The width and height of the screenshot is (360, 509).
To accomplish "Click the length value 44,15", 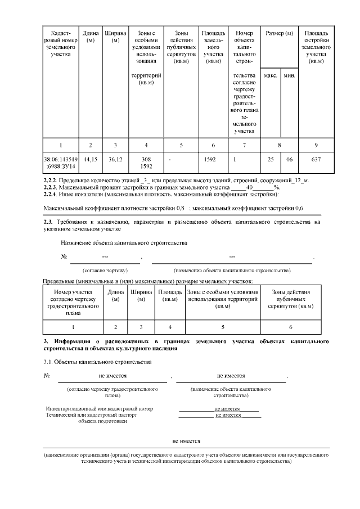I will pyautogui.click(x=90, y=160).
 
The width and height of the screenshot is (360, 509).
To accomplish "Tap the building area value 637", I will pyautogui.click(x=316, y=160).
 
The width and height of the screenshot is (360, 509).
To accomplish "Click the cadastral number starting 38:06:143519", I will pyautogui.click(x=60, y=160).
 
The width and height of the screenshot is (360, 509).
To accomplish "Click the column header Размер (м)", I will pyautogui.click(x=280, y=34).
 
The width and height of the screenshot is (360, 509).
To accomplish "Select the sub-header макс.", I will pyautogui.click(x=271, y=75).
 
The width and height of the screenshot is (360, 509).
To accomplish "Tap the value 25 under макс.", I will pyautogui.click(x=271, y=160).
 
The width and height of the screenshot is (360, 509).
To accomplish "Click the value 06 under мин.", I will pyautogui.click(x=289, y=160).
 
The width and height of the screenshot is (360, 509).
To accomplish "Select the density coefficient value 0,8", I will pyautogui.click(x=181, y=208).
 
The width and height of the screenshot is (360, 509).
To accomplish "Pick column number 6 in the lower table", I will pyautogui.click(x=290, y=326).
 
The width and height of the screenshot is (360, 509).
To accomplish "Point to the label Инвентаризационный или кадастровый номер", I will pyautogui.click(x=99, y=409).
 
